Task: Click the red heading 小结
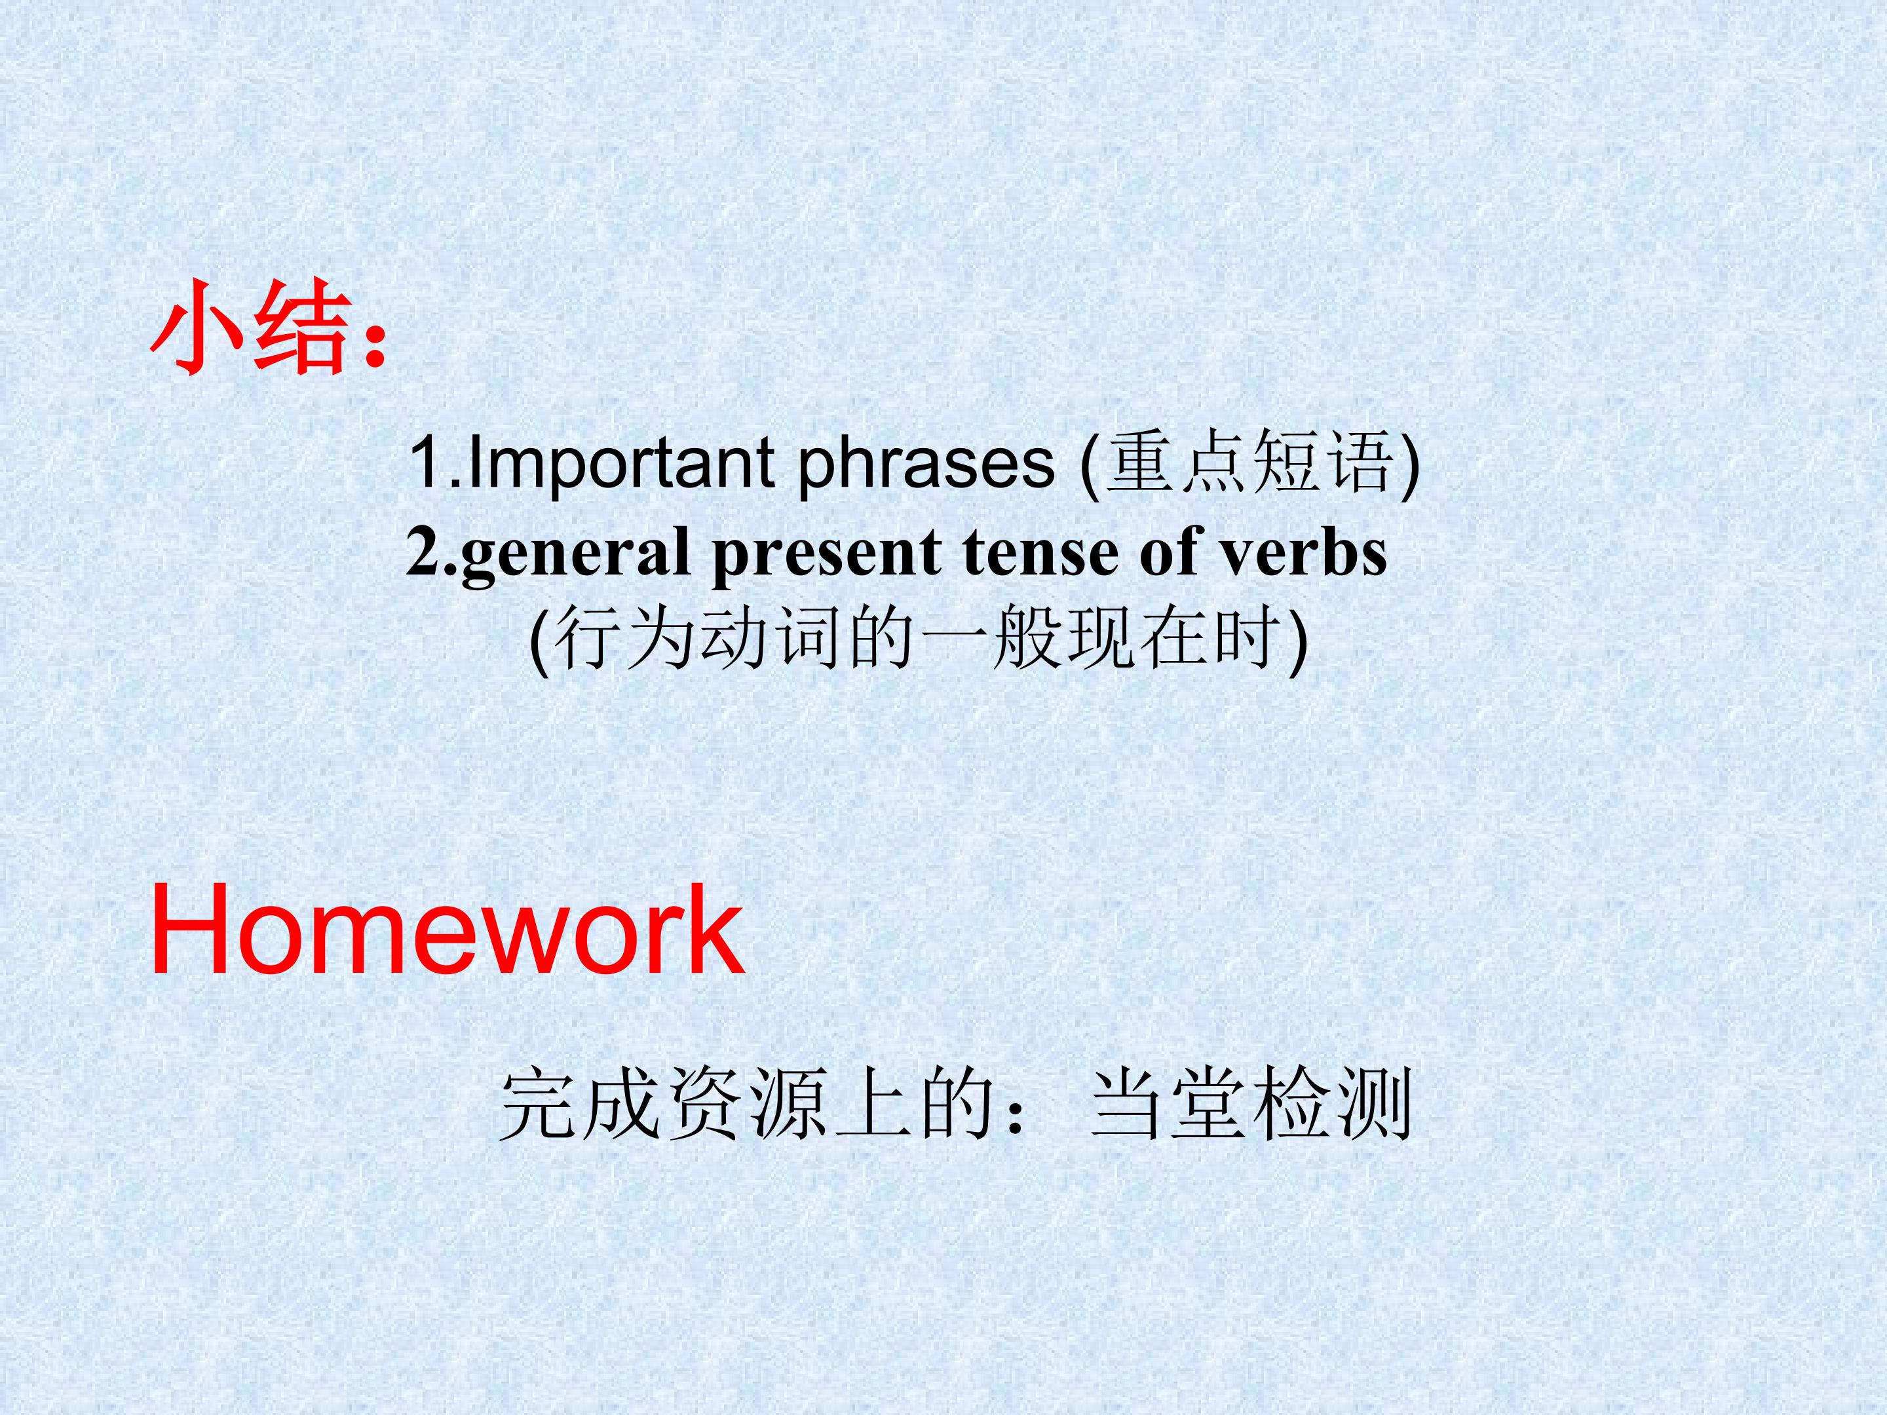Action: [x=252, y=328]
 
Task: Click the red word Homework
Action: [x=447, y=929]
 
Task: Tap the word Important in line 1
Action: [x=621, y=462]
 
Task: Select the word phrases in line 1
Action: [x=926, y=462]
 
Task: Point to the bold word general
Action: [x=574, y=554]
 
